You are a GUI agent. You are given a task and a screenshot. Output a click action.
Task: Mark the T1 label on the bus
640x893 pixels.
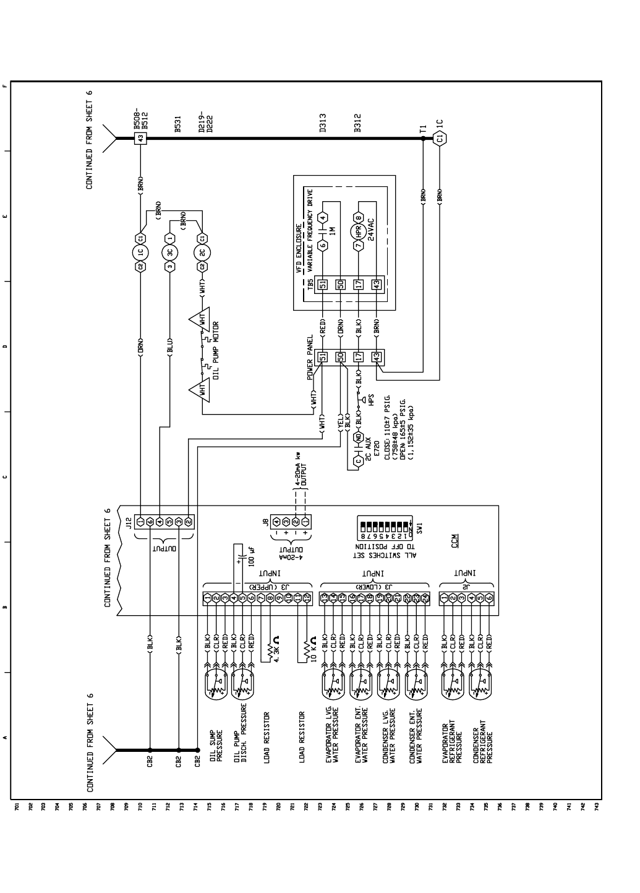pyautogui.click(x=423, y=129)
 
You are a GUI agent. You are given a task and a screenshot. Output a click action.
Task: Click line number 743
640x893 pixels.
pyautogui.click(x=596, y=808)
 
